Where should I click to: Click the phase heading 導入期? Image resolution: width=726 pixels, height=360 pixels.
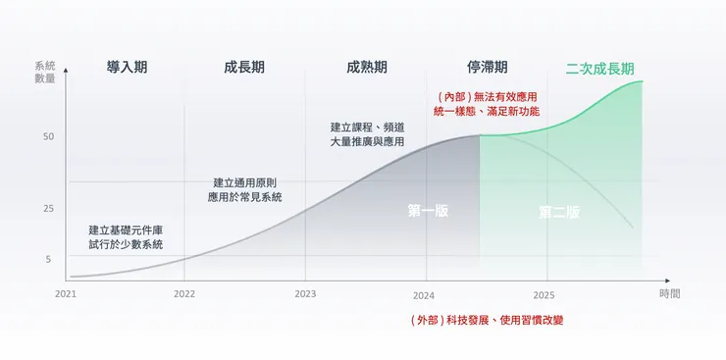(x=127, y=68)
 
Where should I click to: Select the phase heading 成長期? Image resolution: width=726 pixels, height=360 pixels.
(x=244, y=68)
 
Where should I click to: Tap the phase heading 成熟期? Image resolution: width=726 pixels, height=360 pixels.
(x=366, y=68)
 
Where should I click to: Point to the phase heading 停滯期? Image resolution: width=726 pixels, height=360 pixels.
(x=487, y=68)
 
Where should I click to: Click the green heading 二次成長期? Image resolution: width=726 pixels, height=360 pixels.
(x=599, y=69)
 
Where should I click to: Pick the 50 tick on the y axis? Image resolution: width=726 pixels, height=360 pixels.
(x=48, y=136)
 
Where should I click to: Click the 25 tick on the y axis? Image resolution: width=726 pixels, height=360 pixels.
(x=48, y=209)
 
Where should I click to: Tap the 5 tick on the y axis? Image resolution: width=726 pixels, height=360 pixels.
(x=48, y=259)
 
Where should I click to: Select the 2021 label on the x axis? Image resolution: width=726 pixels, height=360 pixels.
(x=66, y=293)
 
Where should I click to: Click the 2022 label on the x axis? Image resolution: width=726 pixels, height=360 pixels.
(x=184, y=293)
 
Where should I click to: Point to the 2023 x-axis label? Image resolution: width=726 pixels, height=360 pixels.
(x=305, y=293)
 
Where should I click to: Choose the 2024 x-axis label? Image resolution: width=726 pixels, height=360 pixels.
(x=424, y=294)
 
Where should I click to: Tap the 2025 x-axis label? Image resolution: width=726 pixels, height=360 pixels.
(x=544, y=294)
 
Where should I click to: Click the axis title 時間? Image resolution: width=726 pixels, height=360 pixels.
(x=670, y=293)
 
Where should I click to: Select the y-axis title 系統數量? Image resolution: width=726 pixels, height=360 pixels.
(x=45, y=72)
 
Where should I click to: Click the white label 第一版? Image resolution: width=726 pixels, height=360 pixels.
(x=428, y=211)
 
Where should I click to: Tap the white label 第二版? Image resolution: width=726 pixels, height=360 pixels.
(x=559, y=212)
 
